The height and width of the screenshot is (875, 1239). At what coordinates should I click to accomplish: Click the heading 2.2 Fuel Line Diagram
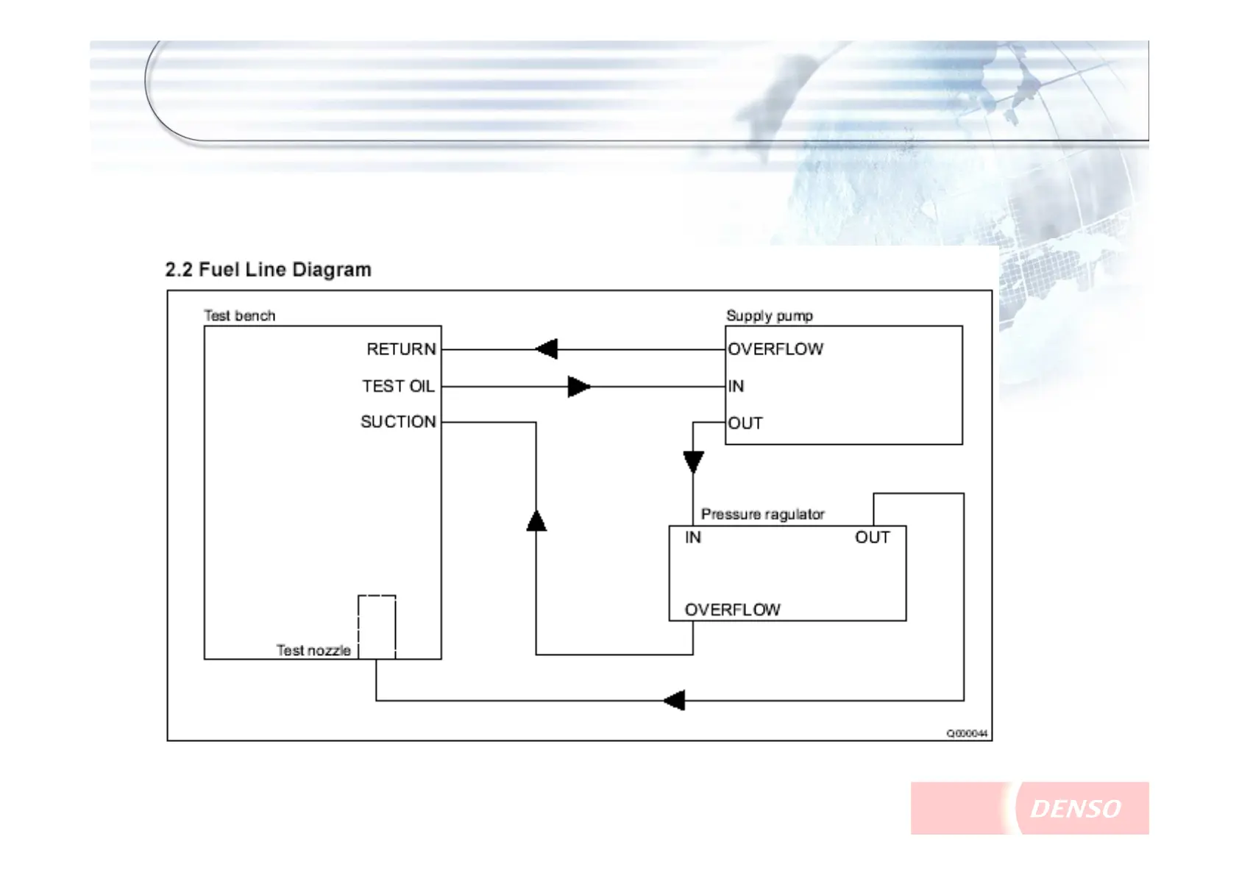click(x=268, y=270)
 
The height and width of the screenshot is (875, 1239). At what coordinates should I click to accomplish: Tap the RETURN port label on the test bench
click(x=401, y=349)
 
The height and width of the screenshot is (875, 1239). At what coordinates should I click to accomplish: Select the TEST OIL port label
click(x=398, y=386)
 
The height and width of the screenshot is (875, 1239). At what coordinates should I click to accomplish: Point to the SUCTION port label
click(x=398, y=422)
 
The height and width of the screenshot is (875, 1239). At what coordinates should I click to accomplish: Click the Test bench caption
click(x=239, y=315)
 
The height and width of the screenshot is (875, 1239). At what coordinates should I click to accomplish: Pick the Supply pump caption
click(x=769, y=315)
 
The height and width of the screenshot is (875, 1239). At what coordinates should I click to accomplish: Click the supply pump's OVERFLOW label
click(x=775, y=349)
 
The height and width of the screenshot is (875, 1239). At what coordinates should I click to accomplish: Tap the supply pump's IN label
click(x=736, y=386)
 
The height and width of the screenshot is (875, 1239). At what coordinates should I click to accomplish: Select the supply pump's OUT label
click(x=745, y=424)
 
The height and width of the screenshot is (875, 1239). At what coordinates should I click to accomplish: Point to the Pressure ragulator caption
click(x=762, y=514)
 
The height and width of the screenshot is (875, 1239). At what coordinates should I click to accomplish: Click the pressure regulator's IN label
click(x=692, y=537)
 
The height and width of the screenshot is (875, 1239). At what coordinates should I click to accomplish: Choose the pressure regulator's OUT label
click(x=872, y=537)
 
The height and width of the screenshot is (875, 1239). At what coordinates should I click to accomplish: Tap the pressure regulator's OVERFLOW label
click(x=732, y=610)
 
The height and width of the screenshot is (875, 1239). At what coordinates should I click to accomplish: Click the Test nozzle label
click(x=313, y=650)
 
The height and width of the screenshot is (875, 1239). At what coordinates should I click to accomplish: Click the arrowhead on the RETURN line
click(x=547, y=349)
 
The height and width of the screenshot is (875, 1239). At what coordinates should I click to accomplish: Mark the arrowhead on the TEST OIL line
click(x=578, y=386)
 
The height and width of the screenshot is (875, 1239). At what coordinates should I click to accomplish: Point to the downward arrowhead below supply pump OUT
click(x=693, y=462)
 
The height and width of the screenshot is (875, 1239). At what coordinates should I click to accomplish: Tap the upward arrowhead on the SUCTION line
click(x=536, y=521)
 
